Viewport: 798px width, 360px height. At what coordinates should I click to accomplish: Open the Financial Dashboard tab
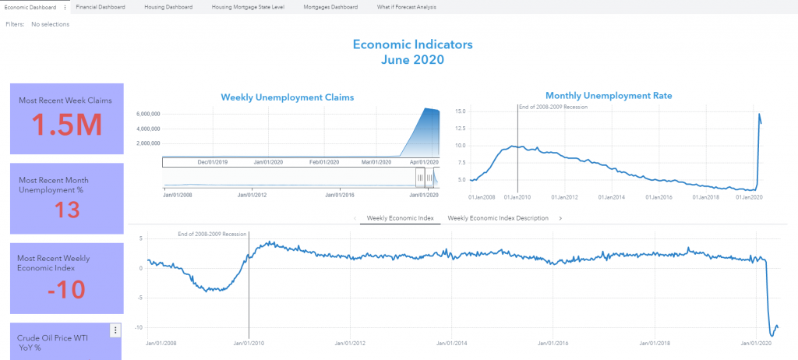[x=101, y=6]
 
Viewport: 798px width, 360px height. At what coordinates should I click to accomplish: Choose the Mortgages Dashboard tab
[x=330, y=6]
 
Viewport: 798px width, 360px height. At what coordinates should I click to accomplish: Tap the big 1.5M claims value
[x=65, y=125]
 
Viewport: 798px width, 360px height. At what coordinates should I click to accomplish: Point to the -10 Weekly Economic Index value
[x=65, y=289]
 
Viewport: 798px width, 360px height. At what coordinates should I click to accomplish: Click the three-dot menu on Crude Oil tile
[x=115, y=330]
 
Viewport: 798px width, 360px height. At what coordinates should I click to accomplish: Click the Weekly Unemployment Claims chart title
[x=287, y=97]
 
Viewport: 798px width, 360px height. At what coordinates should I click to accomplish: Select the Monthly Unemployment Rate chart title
[x=609, y=95]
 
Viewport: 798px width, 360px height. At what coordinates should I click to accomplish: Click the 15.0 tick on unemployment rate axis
[x=460, y=111]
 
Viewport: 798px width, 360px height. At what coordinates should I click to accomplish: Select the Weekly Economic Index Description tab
[x=498, y=218]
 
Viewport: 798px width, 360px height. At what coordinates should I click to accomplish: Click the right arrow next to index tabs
[x=560, y=218]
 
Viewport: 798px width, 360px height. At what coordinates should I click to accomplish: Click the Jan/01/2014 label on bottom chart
[x=451, y=343]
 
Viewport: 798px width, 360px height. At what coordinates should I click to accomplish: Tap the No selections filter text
[x=50, y=24]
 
